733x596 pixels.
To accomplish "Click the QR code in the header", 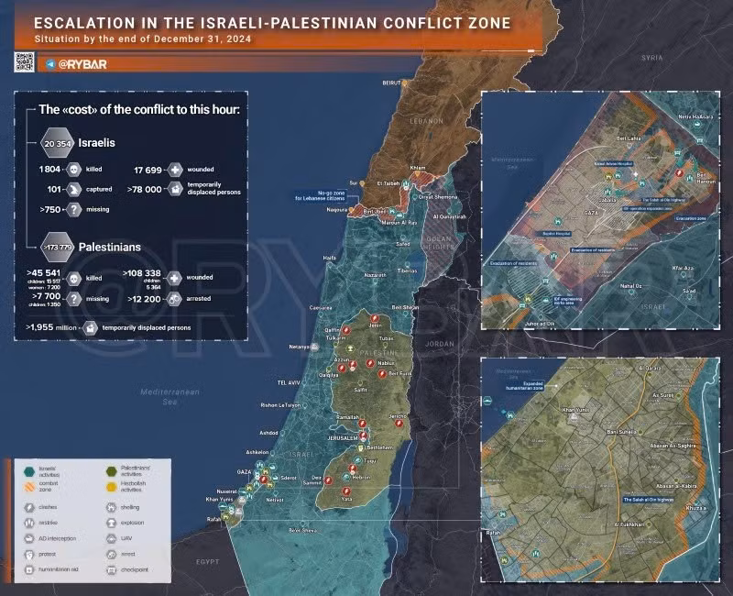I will [24, 62].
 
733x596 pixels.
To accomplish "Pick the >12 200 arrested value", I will [144, 299].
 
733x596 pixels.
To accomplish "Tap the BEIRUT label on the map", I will [393, 83].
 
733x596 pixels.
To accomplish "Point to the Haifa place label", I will [330, 259].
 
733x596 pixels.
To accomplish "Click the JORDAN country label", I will [439, 344].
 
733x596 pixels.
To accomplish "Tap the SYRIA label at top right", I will [651, 58].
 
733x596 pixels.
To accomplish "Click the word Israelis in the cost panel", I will [97, 143].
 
